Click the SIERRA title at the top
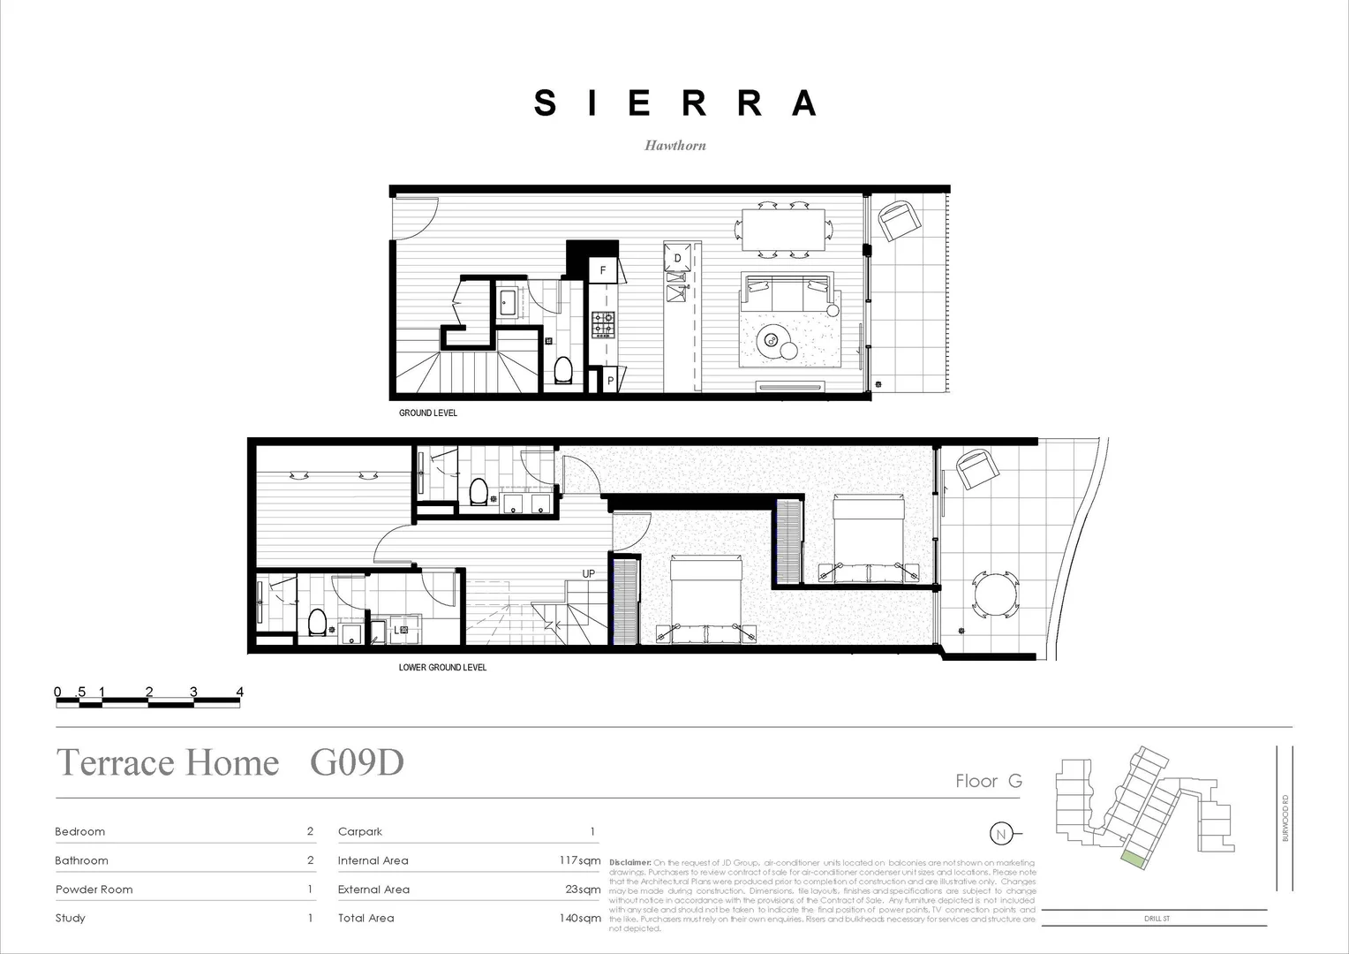(674, 103)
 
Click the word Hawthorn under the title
(674, 146)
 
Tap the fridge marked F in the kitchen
(604, 270)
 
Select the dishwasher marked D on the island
(678, 258)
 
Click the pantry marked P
(610, 382)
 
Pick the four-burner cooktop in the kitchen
(604, 324)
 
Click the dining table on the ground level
(783, 231)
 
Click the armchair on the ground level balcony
(898, 220)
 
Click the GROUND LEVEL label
(428, 413)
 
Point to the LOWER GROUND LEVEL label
(442, 668)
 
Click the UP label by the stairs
(589, 574)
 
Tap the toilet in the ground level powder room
(563, 372)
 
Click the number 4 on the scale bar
(239, 692)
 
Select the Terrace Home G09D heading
(230, 762)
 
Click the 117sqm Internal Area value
(580, 860)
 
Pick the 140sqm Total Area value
(580, 918)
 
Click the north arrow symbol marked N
(1000, 834)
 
